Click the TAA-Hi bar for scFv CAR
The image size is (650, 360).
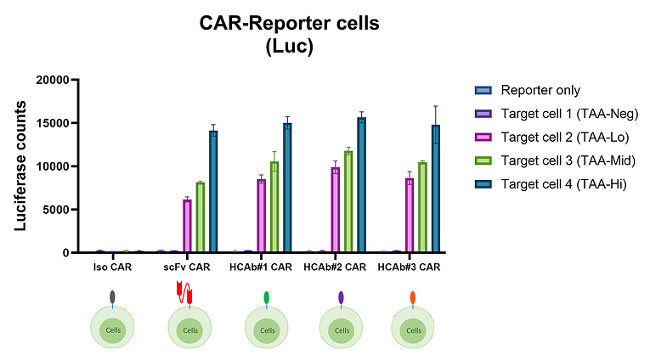point(213,191)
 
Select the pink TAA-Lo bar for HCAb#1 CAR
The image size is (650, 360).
point(261,216)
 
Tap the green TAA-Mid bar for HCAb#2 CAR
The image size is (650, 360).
point(348,201)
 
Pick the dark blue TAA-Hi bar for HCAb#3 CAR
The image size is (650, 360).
point(435,188)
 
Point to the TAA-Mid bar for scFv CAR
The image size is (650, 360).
point(201,217)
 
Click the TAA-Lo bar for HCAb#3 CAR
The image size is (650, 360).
point(410,215)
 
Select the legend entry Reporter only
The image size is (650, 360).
point(528,90)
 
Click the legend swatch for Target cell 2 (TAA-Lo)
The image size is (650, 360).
point(483,138)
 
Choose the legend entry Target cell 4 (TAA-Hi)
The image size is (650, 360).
point(551,184)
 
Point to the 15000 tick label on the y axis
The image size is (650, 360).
point(53,123)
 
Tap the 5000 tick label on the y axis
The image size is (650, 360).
point(55,210)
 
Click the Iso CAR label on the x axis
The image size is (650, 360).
point(113,267)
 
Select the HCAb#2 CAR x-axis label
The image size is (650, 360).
point(335,267)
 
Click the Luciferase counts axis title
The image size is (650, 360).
point(20,166)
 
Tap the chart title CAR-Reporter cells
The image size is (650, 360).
point(290,23)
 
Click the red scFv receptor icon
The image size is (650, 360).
point(184,292)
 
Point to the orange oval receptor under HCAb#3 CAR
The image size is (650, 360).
point(413,297)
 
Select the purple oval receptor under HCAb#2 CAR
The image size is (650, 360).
point(342,297)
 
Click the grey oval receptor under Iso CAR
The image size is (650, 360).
point(112,296)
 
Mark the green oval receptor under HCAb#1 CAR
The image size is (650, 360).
point(267,297)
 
